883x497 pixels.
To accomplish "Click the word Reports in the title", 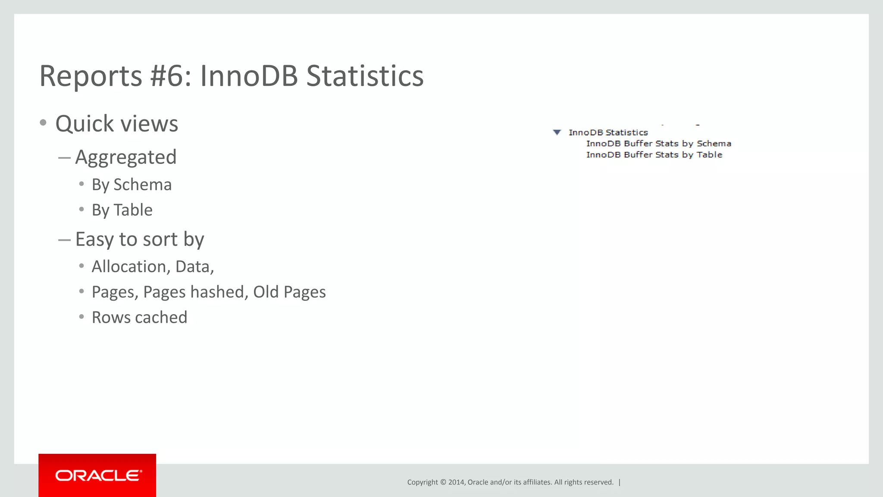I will click(91, 76).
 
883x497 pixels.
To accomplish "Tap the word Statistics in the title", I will click(365, 76).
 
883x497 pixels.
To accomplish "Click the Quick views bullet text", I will click(116, 124).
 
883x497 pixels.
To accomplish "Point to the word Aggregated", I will click(126, 157).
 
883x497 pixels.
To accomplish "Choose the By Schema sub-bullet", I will click(132, 185).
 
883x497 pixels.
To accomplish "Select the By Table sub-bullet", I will click(122, 210).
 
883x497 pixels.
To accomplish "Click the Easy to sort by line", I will click(140, 239).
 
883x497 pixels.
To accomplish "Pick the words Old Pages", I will click(289, 292).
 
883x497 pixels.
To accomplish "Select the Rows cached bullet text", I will click(139, 318).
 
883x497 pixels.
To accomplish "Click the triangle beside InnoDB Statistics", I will click(557, 132).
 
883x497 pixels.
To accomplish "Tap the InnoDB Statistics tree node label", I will click(608, 132).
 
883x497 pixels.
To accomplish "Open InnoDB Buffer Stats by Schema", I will click(658, 144).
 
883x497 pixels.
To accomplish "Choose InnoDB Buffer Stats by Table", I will click(654, 155).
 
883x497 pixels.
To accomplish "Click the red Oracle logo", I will click(97, 475).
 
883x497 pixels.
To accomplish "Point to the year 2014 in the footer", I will click(456, 482).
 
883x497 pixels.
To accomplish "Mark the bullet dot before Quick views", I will click(43, 123).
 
